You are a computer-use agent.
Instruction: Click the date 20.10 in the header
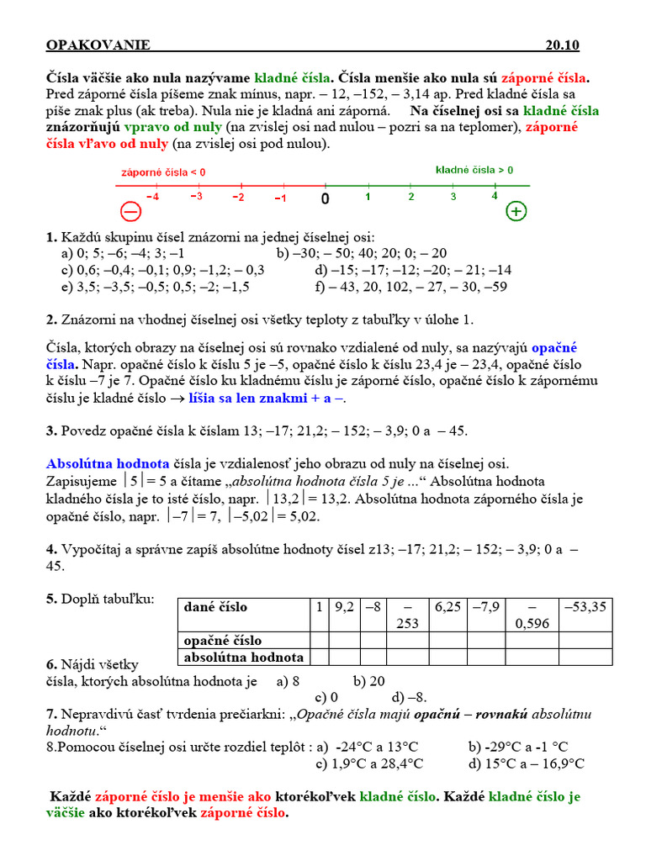coord(562,45)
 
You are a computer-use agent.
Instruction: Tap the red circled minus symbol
coord(130,211)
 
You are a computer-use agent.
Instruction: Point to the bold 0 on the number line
coord(325,198)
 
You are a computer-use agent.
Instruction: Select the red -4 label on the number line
coord(152,197)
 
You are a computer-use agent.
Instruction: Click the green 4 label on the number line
coord(494,197)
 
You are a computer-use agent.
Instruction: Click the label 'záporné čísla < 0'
coord(163,172)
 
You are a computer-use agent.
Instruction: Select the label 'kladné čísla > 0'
coord(474,170)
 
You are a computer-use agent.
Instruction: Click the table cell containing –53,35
coord(586,607)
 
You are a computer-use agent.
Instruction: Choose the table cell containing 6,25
coord(448,607)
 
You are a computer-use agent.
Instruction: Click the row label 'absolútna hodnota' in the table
coord(243,658)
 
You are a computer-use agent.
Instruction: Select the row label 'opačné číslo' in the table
coord(223,641)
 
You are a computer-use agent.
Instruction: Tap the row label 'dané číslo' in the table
coord(215,607)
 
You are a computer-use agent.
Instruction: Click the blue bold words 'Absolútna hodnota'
coord(108,463)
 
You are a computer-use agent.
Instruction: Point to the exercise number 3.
coord(50,430)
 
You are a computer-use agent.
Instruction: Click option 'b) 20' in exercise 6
coord(369,681)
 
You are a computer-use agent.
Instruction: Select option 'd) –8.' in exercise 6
coord(410,697)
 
